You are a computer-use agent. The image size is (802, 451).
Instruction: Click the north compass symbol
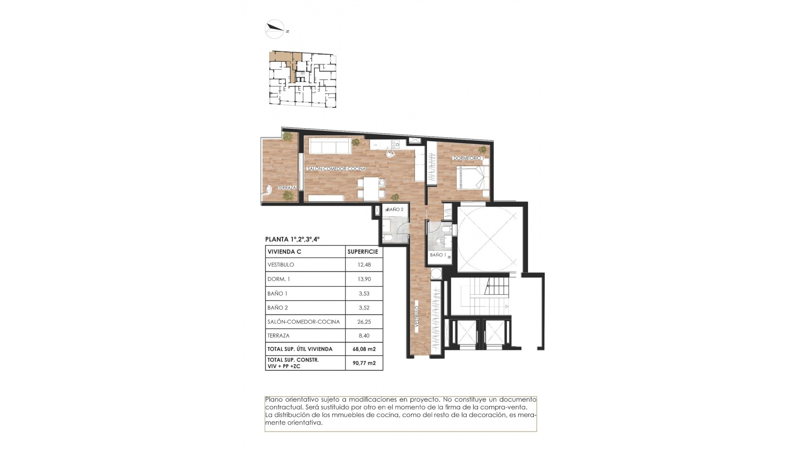[275, 29]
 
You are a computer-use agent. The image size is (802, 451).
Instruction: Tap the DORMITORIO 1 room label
[468, 158]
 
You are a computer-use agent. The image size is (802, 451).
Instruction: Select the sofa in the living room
[329, 146]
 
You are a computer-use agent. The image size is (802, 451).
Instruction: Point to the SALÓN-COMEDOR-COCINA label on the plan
[336, 169]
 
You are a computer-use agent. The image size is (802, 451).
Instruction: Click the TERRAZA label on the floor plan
[287, 187]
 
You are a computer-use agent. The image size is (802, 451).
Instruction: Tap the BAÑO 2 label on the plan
[395, 210]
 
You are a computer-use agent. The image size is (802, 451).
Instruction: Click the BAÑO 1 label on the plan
[438, 255]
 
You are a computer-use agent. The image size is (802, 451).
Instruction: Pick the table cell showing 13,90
[364, 279]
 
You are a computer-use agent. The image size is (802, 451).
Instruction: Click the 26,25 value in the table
[364, 322]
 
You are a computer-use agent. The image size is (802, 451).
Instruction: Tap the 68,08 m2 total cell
[364, 349]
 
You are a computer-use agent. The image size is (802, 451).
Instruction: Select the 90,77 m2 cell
[364, 363]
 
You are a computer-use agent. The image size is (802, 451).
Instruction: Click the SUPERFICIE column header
[363, 252]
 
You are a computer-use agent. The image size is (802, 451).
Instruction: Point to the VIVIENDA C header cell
[284, 252]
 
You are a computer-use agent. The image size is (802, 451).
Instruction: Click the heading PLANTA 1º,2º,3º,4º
[292, 239]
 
